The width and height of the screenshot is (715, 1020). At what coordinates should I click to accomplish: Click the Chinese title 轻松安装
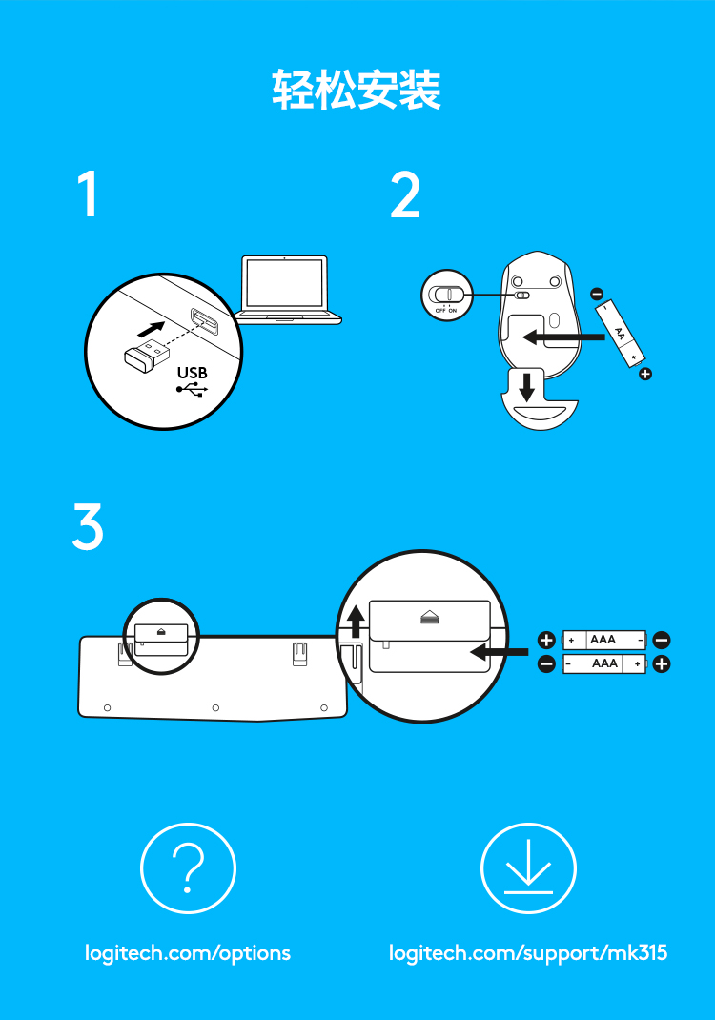tap(357, 90)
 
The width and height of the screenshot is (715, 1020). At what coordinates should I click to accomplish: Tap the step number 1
tap(89, 194)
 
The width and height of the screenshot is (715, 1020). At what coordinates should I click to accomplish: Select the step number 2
tap(405, 194)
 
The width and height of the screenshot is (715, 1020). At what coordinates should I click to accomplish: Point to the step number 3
tap(88, 526)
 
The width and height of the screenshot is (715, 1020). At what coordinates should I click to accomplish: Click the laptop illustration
tap(287, 290)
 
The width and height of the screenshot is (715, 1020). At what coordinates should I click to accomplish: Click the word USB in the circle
tap(192, 373)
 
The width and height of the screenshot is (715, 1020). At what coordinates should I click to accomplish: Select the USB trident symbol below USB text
tap(192, 389)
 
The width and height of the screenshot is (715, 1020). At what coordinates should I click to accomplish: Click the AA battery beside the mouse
tap(620, 334)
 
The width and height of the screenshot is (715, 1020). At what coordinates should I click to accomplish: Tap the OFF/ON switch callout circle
tap(447, 295)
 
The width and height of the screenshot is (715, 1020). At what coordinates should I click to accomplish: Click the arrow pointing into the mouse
tap(563, 337)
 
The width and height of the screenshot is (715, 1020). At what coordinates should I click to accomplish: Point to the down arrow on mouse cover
tap(527, 386)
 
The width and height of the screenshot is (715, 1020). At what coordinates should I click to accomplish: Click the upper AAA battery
tap(604, 640)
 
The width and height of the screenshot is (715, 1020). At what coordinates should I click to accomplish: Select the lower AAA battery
tap(604, 663)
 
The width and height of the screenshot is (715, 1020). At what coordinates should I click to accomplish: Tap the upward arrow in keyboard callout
tap(356, 622)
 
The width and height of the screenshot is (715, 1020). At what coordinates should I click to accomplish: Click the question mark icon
tap(188, 868)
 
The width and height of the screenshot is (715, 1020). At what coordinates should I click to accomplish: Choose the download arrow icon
tap(528, 867)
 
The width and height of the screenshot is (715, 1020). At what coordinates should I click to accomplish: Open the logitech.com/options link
tap(188, 953)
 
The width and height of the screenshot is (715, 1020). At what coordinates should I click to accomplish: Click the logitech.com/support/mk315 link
tap(528, 953)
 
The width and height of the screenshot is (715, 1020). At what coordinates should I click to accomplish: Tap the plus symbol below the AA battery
tap(645, 374)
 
